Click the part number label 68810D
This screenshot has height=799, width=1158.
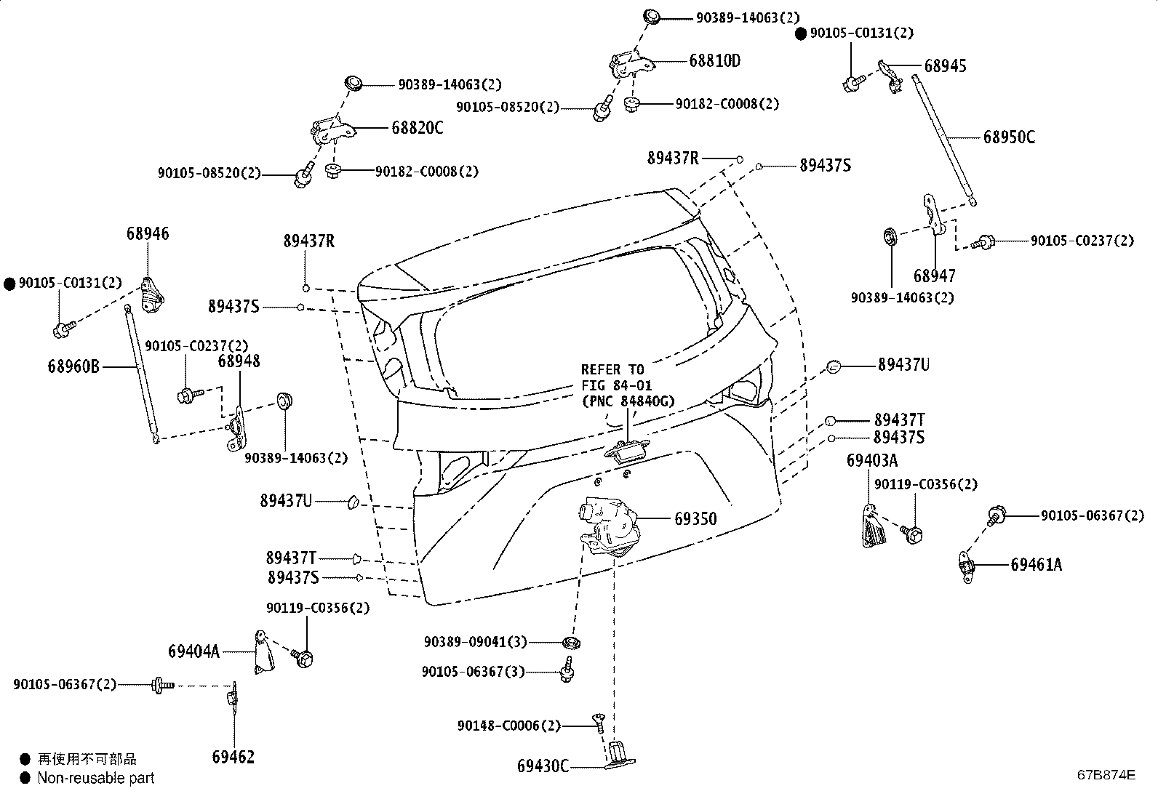click(x=714, y=61)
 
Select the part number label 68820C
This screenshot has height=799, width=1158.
click(x=418, y=128)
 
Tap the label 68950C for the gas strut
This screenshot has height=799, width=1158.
click(x=1009, y=137)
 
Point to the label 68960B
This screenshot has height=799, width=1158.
click(x=73, y=366)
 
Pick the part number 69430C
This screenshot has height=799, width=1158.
click(x=543, y=766)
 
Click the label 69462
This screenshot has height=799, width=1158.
click(x=233, y=757)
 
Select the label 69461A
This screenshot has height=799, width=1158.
click(x=1036, y=564)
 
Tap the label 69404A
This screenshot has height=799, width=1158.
click(x=194, y=651)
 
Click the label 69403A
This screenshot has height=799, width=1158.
click(x=872, y=460)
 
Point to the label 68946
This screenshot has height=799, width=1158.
click(x=148, y=233)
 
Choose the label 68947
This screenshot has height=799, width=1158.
click(x=934, y=276)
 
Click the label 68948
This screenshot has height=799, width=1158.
click(x=239, y=361)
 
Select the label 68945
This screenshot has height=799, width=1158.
click(x=945, y=66)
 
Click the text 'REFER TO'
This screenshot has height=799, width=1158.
click(x=612, y=369)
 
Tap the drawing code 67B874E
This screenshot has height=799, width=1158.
click(x=1106, y=775)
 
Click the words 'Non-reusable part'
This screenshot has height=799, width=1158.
click(x=96, y=778)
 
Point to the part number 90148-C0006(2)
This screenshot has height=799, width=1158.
click(x=509, y=726)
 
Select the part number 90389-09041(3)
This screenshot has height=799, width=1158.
click(x=476, y=642)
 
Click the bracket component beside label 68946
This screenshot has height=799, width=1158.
click(x=153, y=296)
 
